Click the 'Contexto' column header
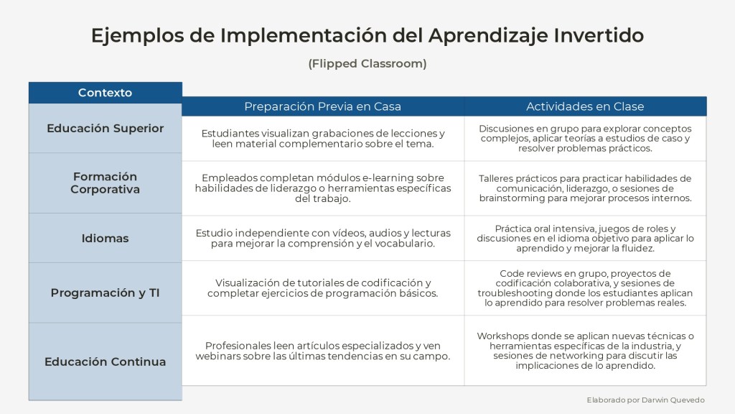[105, 93]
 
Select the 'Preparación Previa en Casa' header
[322, 106]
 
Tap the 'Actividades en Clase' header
[585, 106]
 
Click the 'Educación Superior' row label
[105, 128]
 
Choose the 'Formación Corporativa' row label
[105, 183]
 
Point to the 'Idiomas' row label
[105, 238]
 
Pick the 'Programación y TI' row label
[105, 293]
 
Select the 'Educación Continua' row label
[105, 362]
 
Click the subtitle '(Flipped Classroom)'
[367, 63]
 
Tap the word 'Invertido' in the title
[599, 35]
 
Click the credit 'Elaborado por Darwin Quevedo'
[645, 400]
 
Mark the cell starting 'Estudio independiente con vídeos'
[323, 238]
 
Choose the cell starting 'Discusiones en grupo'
[585, 139]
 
